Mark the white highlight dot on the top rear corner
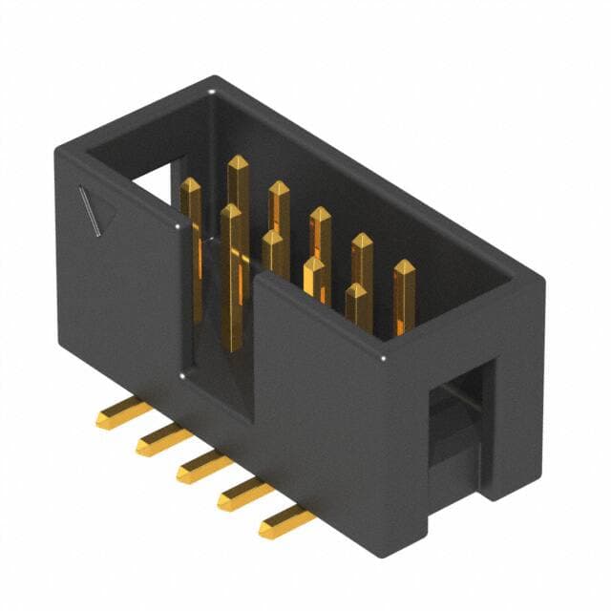pos(212,93)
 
